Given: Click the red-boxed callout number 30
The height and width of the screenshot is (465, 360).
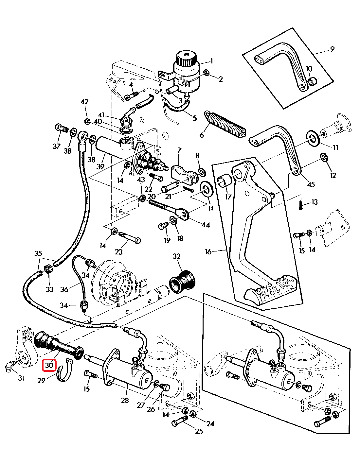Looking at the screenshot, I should [49, 365].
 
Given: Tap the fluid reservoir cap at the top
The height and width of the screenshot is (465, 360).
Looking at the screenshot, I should [186, 58].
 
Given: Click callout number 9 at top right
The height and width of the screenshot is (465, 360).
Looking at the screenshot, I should [332, 49].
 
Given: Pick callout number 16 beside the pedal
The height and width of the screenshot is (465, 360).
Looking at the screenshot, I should [208, 251].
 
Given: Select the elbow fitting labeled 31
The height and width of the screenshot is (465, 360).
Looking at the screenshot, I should [10, 366].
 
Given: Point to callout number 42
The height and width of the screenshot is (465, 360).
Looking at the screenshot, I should [84, 102].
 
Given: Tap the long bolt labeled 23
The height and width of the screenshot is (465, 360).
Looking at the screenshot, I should [130, 237].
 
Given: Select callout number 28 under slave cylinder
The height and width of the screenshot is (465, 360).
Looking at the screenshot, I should [125, 400].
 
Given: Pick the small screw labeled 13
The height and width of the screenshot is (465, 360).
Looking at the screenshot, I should [300, 205].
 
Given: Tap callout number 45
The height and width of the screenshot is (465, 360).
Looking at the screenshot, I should [311, 184].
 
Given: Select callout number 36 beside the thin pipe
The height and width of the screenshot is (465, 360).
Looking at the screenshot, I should [64, 289].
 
